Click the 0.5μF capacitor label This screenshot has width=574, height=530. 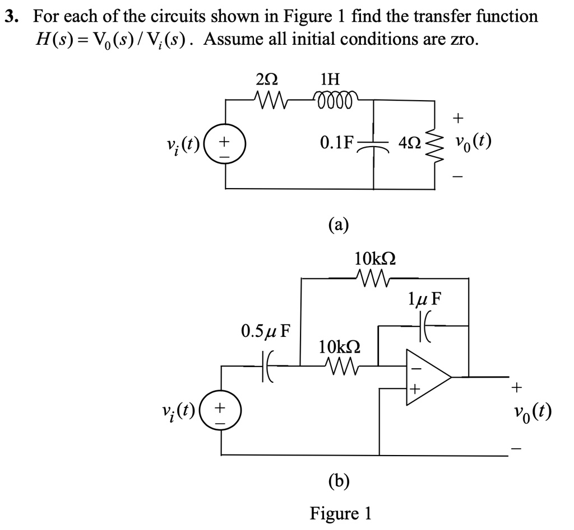[266, 330]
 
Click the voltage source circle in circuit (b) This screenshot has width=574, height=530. [226, 412]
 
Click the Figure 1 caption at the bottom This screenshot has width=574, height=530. [341, 513]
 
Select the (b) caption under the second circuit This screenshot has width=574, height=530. [339, 480]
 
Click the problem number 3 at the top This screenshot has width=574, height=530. [10, 17]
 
